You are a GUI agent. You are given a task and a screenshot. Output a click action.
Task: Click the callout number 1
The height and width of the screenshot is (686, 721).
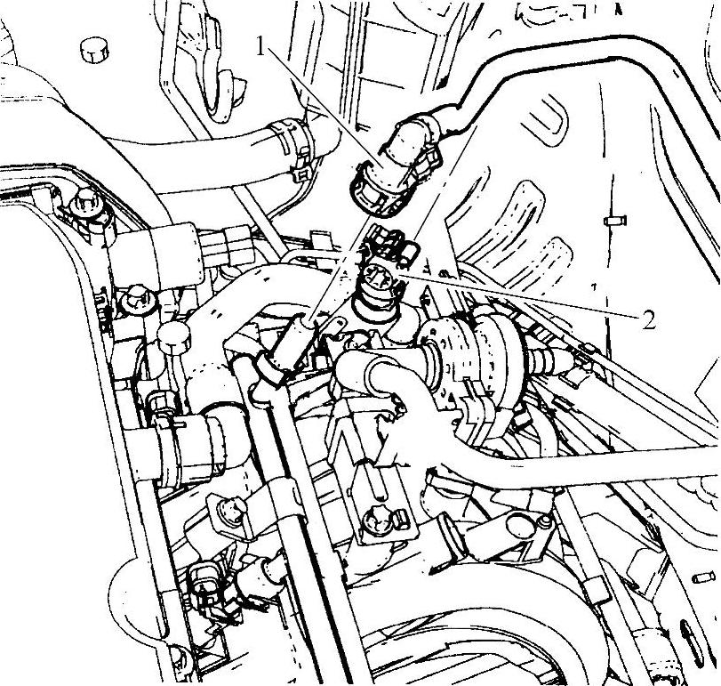261,47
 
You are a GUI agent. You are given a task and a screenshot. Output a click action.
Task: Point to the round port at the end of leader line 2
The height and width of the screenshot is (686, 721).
376,278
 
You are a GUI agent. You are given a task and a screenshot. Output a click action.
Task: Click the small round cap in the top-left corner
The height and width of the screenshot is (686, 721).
95,50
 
